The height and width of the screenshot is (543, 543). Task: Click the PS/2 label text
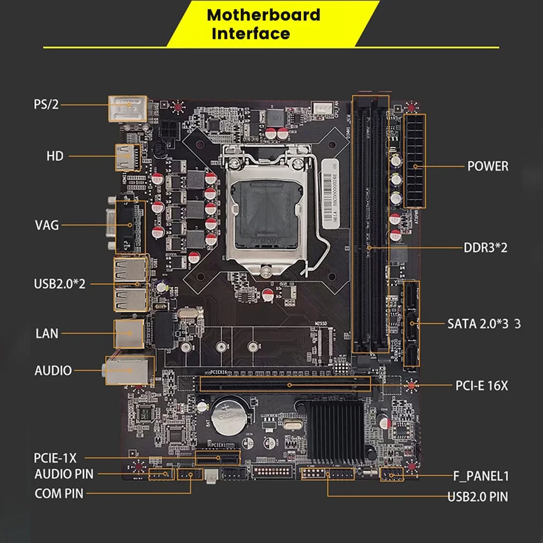pyautogui.click(x=46, y=104)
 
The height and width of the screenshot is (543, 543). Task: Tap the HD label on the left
pyautogui.click(x=55, y=156)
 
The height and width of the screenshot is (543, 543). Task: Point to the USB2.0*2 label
pyautogui.click(x=60, y=284)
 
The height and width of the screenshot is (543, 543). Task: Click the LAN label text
pyautogui.click(x=47, y=333)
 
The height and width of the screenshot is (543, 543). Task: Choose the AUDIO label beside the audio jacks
pyautogui.click(x=53, y=371)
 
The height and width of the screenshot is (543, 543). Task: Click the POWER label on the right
pyautogui.click(x=488, y=166)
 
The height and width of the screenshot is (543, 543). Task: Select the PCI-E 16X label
pyautogui.click(x=481, y=386)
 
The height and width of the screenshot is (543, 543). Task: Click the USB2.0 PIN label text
pyautogui.click(x=478, y=496)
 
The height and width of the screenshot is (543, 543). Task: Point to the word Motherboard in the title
pyautogui.click(x=264, y=15)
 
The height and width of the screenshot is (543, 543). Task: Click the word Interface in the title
pyautogui.click(x=251, y=34)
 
